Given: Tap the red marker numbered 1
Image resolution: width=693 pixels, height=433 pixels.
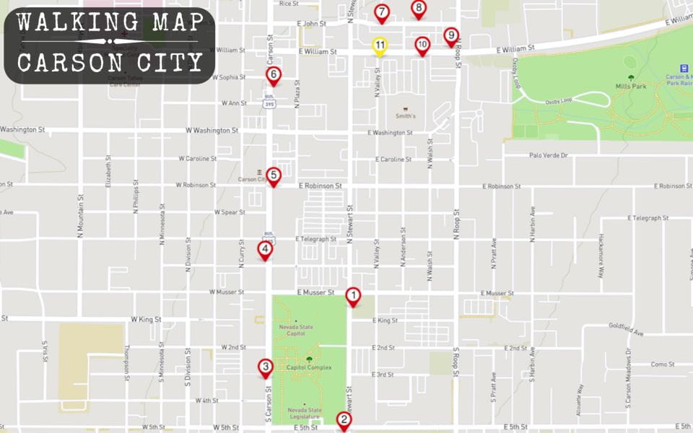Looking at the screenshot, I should (x=353, y=295).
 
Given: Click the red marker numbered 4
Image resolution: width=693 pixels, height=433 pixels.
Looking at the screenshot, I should (x=265, y=250).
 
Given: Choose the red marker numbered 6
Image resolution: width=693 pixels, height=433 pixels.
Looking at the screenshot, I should (x=273, y=74).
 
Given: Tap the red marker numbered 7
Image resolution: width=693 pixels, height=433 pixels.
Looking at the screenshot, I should (x=382, y=12).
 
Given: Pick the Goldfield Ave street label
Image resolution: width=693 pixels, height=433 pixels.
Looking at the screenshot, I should (x=625, y=330).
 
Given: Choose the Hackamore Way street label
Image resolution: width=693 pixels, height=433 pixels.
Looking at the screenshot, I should (x=601, y=256).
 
